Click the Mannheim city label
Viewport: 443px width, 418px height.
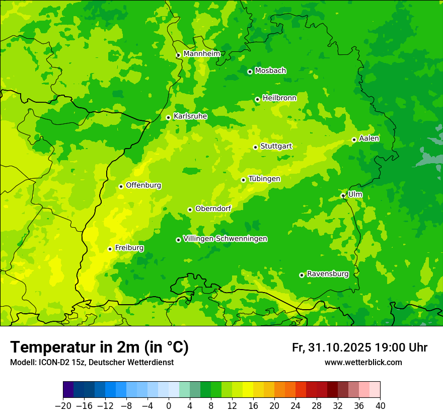coord(201,54)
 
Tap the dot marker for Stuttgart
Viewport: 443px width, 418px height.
coord(255,147)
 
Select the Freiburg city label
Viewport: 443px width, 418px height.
coord(129,248)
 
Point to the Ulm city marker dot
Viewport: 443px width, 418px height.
coord(343,195)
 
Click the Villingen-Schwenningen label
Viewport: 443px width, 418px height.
coord(225,239)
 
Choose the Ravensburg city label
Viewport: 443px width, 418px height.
coord(327,274)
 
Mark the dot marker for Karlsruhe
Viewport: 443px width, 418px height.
coord(168,117)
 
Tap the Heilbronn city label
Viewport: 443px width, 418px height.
coord(279,98)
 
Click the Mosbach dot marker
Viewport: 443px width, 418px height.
coord(250,72)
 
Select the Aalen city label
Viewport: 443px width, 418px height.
coord(369,138)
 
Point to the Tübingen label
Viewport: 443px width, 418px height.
coord(264,179)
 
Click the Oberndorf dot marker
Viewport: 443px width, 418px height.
coord(190,210)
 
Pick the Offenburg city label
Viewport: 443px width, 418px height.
coord(143,185)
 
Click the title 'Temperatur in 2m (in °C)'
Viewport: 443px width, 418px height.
coord(99,347)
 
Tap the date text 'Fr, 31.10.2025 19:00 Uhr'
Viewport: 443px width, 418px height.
coord(359,347)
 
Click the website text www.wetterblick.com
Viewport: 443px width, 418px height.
coord(363,363)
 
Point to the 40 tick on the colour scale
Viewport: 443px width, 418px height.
coord(380,406)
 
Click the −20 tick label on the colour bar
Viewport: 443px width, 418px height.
coord(63,406)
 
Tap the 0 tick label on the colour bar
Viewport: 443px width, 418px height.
coord(169,406)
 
